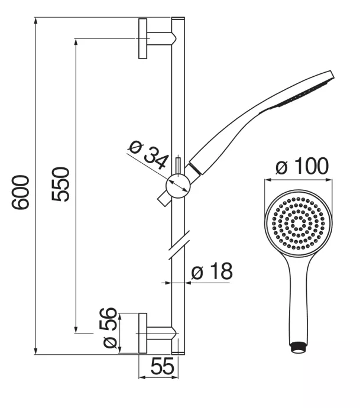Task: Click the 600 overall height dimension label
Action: tap(20, 192)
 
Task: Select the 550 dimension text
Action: tap(61, 184)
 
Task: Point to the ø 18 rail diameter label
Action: tap(212, 271)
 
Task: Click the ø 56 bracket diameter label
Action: tap(109, 328)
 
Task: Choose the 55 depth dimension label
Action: tap(162, 366)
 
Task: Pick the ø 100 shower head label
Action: tap(302, 166)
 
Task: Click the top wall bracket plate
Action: tap(142, 38)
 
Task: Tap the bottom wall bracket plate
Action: tap(142, 333)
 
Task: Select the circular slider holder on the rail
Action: tap(178, 186)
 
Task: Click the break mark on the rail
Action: tap(179, 245)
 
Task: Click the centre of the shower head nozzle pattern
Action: tap(299, 224)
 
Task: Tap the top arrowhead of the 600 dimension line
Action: tap(36, 21)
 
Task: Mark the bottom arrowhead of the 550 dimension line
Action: tap(76, 329)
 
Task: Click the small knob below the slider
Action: tap(163, 199)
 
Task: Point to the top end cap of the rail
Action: tap(178, 18)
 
